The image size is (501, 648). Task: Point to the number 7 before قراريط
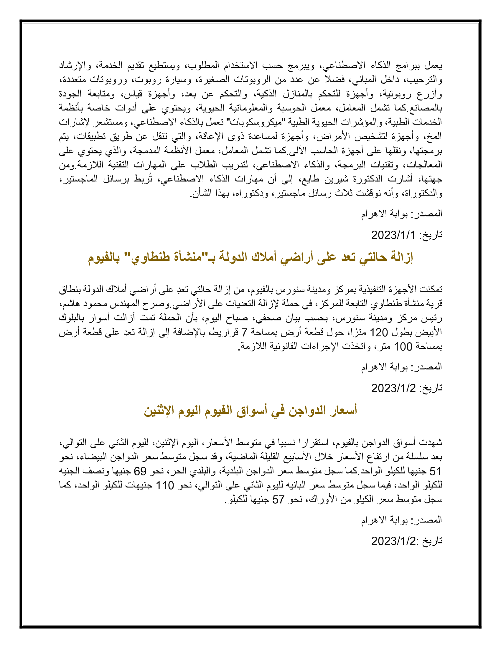pos(244,332)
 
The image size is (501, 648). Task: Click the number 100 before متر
pos(403,347)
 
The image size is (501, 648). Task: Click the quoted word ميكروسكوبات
pos(255,122)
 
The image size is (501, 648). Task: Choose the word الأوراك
pos(323,500)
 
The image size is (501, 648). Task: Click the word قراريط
pos(223,332)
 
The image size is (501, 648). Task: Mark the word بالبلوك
pos(72,318)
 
